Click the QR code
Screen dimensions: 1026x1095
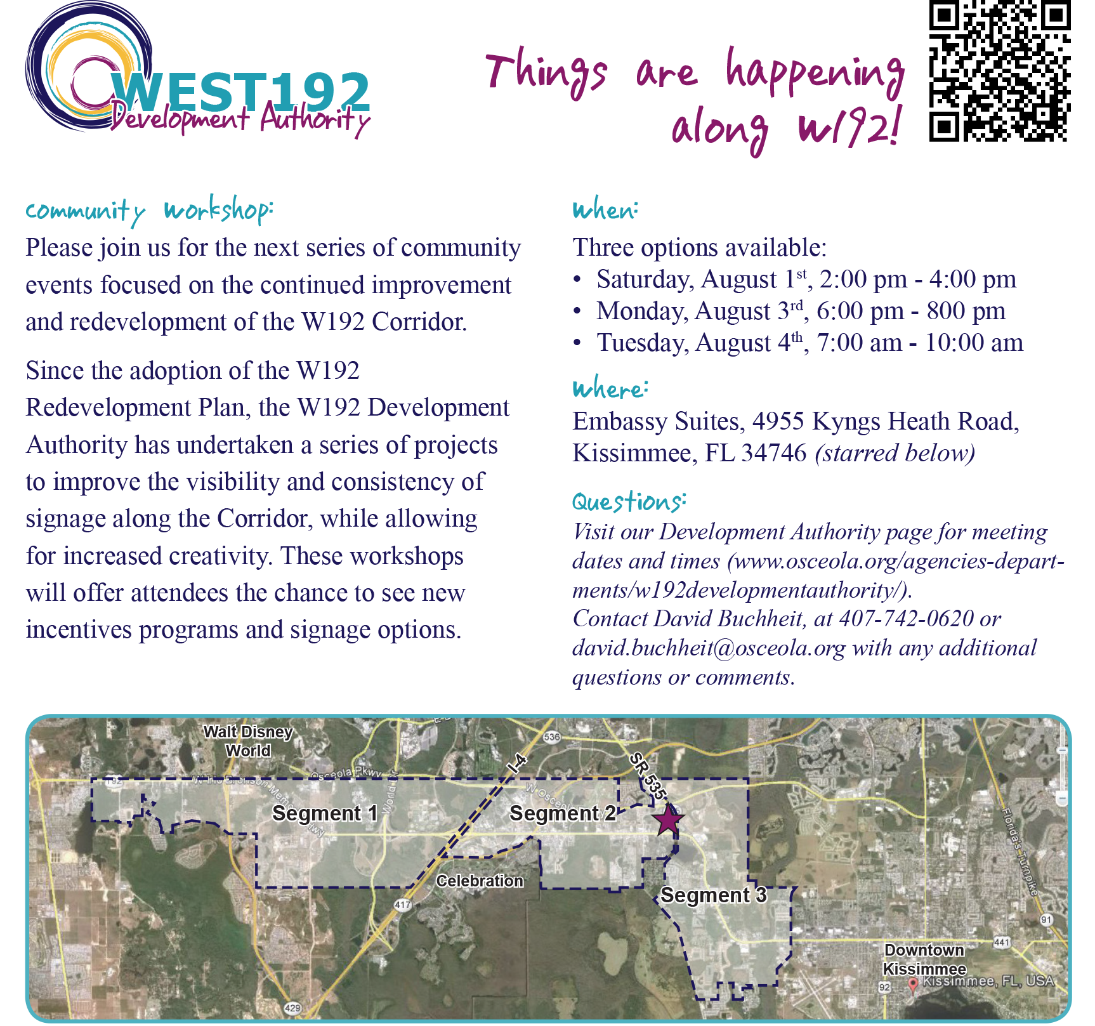click(x=1000, y=71)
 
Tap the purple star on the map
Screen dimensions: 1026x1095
click(x=667, y=820)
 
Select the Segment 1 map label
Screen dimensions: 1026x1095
click(x=325, y=813)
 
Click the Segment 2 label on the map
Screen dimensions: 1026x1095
click(x=562, y=813)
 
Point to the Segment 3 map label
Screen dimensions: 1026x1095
click(x=713, y=895)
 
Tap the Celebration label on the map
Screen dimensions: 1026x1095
click(x=480, y=881)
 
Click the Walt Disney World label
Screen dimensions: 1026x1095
click(x=248, y=741)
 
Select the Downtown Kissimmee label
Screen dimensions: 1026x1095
click(x=924, y=959)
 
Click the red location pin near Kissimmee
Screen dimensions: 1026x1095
click(x=912, y=984)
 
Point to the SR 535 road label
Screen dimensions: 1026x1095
click(x=648, y=776)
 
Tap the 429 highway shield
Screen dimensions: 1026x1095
click(x=292, y=1008)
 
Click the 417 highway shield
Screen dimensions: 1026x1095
click(x=402, y=905)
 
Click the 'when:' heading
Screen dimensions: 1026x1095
click(x=605, y=210)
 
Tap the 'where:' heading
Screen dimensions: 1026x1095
click(x=610, y=388)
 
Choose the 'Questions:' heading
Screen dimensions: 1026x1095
click(x=629, y=501)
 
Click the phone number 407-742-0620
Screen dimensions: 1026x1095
click(x=906, y=618)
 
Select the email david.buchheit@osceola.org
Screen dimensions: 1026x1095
click(x=709, y=648)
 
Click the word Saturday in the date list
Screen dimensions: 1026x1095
click(x=644, y=279)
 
